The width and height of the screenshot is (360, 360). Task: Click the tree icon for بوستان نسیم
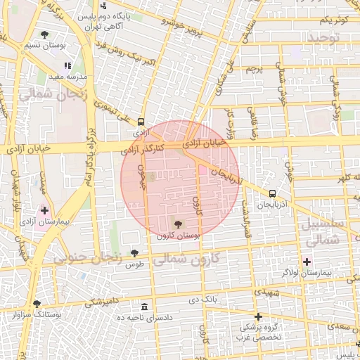pyautogui.click(x=45, y=34)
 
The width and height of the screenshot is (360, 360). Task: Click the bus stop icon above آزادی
pyautogui.click(x=141, y=121)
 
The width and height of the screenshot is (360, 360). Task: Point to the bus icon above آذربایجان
pyautogui.click(x=272, y=193)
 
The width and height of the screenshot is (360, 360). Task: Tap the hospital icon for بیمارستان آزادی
pyautogui.click(x=45, y=210)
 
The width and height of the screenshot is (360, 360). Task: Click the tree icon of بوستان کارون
pyautogui.click(x=178, y=225)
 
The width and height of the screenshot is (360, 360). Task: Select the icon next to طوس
pyautogui.click(x=144, y=254)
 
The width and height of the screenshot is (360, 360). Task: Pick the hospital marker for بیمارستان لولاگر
pyautogui.click(x=306, y=262)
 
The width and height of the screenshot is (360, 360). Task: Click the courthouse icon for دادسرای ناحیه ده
pyautogui.click(x=144, y=307)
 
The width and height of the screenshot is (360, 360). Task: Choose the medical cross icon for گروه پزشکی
pyautogui.click(x=259, y=317)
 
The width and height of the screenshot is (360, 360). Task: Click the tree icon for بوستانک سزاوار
pyautogui.click(x=37, y=304)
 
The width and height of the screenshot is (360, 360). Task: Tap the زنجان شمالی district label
pyautogui.click(x=54, y=95)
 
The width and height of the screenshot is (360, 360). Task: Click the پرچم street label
pyautogui.click(x=254, y=69)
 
